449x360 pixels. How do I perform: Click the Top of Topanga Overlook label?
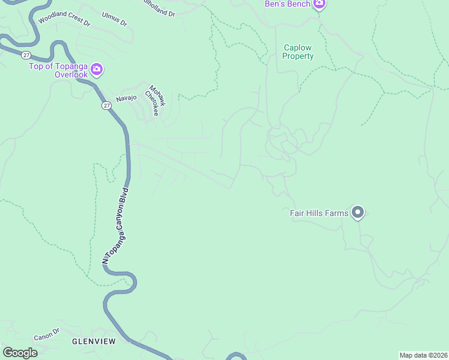[x=59, y=70]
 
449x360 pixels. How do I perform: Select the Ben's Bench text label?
[x=288, y=4]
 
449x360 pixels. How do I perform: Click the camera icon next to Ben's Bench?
[x=319, y=4]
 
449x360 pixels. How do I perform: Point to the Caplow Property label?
[x=298, y=52]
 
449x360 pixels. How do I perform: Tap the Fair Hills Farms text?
[x=318, y=212]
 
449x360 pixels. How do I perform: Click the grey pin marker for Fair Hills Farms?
[x=358, y=212]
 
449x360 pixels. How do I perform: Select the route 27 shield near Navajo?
[x=106, y=106]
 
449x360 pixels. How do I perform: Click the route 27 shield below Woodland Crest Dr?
[x=26, y=55]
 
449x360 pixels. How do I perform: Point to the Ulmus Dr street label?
[x=115, y=19]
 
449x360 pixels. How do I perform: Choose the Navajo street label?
[x=126, y=97]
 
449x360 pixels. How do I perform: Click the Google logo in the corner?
[x=20, y=353]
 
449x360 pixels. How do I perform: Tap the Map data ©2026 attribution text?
[x=423, y=355]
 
